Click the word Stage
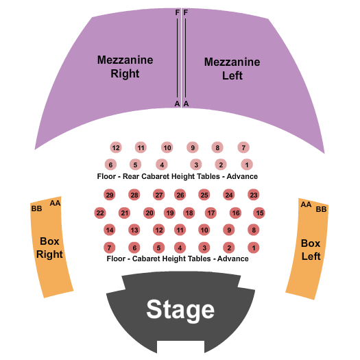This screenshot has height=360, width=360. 180,310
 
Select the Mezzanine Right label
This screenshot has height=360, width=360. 125,67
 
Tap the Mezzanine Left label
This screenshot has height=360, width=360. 232,69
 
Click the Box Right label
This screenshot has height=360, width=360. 50,248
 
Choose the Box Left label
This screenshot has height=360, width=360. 311,250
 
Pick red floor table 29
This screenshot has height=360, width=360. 109,195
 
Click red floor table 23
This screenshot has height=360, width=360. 254,195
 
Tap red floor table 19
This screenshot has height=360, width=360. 170,213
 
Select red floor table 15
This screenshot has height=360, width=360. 259,213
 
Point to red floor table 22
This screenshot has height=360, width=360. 100,213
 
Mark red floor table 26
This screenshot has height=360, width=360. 180,195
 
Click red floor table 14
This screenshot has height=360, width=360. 109,230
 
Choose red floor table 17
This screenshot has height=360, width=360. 211,213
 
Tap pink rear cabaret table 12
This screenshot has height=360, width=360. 115,147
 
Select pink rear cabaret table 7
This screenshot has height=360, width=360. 243,147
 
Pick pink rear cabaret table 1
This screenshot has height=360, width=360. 247,165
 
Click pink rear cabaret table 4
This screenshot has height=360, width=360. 162,165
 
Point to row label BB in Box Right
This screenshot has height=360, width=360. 36,208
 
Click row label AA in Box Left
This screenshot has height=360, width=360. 306,204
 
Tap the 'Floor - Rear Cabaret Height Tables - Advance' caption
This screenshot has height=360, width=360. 177,177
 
